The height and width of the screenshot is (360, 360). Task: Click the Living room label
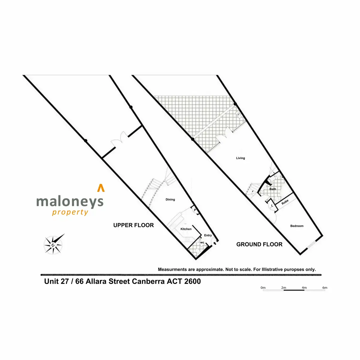240,158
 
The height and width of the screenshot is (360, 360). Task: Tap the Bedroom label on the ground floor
297,226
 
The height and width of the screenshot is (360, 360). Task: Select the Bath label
272,189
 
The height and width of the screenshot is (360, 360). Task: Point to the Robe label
285,202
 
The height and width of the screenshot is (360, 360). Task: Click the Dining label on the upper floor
170,199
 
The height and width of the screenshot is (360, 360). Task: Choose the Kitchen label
186,229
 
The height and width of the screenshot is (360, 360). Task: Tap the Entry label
208,235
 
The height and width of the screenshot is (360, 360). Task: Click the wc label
202,242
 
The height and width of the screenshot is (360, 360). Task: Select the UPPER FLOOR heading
133,225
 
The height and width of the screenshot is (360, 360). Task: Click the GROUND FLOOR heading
259,244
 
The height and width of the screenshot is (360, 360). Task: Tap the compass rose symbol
53,244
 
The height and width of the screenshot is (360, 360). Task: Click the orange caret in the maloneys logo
101,188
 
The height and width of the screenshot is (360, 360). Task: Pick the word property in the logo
70,212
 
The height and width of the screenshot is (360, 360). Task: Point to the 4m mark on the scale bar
304,288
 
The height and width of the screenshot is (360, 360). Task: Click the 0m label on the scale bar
263,288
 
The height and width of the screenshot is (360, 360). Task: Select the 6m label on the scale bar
325,288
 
